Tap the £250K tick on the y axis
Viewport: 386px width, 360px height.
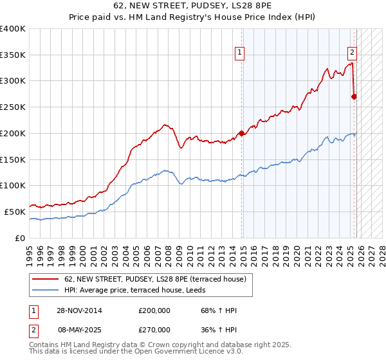[13, 107]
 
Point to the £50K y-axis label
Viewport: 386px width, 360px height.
[15, 212]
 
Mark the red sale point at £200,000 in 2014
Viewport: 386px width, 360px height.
[242, 133]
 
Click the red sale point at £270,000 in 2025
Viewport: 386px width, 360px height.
[354, 96]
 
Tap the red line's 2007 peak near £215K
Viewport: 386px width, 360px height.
[165, 125]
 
